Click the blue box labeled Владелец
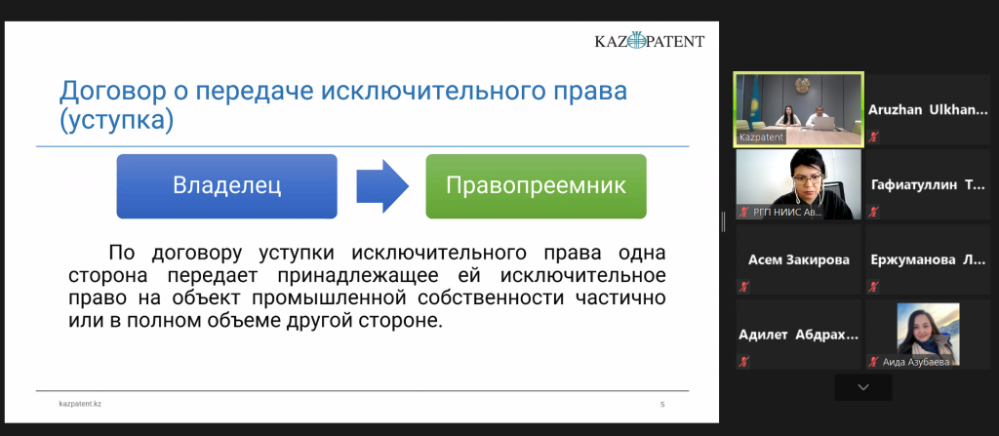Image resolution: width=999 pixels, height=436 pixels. coord(226,186)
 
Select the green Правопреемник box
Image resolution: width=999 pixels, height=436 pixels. coord(536,186)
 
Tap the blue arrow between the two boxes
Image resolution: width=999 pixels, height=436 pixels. coord(382,186)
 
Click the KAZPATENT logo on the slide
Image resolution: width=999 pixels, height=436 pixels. coord(650,41)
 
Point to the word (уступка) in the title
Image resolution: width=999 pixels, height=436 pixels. coord(116,121)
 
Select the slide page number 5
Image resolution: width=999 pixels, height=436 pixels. coord(662,404)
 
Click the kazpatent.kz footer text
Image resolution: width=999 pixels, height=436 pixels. coord(80,404)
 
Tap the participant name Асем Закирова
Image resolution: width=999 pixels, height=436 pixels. coord(798,259)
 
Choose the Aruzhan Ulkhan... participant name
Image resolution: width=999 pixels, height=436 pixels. coord(927,109)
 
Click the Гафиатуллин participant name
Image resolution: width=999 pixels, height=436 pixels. coord(927,185)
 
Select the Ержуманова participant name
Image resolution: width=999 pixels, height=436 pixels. coord(927,259)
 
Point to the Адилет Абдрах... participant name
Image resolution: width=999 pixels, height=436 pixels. coord(798,335)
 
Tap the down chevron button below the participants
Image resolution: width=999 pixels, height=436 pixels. coord(863,387)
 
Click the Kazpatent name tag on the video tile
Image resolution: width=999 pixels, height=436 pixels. coord(761,138)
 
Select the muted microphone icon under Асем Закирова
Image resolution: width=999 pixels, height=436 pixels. coord(743,286)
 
